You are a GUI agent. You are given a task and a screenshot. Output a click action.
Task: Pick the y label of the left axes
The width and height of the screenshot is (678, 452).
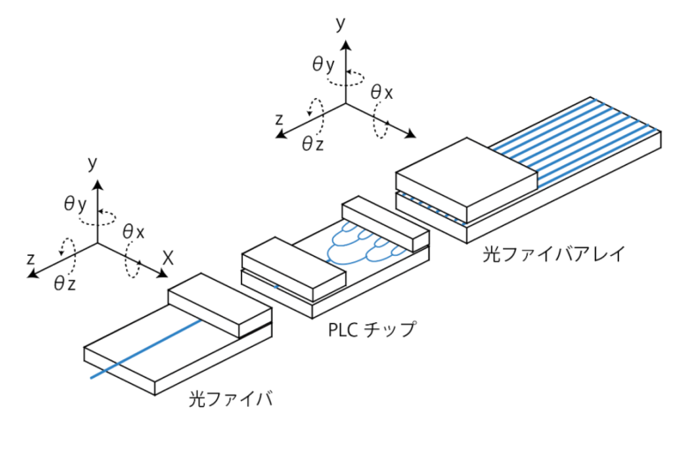pyautogui.click(x=92, y=162)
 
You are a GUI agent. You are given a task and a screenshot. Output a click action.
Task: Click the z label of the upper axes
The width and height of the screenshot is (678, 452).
pyautogui.click(x=279, y=118)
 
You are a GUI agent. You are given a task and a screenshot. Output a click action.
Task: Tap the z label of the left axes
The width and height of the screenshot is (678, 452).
pyautogui.click(x=31, y=259)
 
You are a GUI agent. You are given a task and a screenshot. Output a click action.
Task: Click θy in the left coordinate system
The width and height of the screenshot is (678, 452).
pyautogui.click(x=75, y=203)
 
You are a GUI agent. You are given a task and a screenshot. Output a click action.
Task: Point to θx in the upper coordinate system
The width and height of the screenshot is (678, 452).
pyautogui.click(x=381, y=92)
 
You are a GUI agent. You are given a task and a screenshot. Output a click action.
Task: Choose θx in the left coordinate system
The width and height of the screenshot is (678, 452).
pyautogui.click(x=134, y=231)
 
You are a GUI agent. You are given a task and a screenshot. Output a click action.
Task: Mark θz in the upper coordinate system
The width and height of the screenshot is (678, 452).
pyautogui.click(x=313, y=144)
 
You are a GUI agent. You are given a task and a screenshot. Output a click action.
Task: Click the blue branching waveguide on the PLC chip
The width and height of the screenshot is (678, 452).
pyautogui.click(x=362, y=243)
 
